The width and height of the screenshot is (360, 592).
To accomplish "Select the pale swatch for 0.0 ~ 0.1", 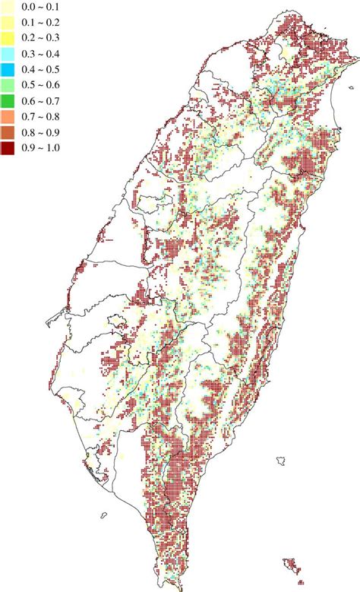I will [8, 6].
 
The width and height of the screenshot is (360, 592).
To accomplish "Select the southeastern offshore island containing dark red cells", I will [289, 565].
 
